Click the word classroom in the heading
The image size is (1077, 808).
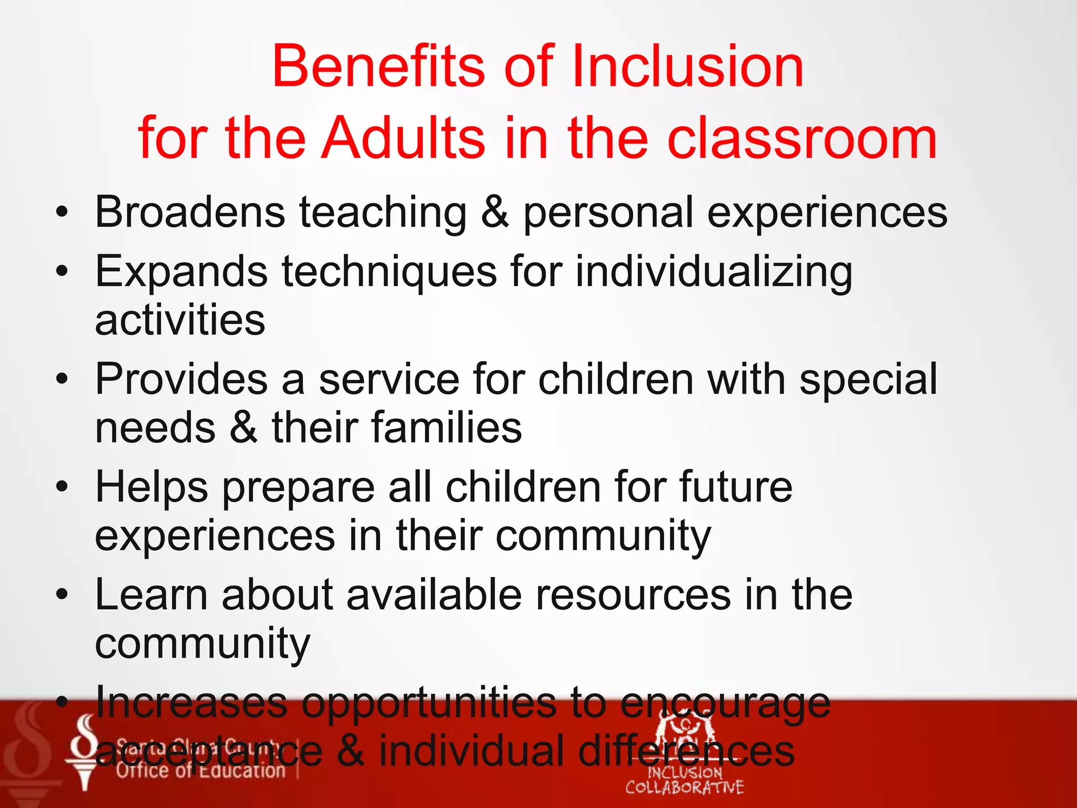click(x=802, y=138)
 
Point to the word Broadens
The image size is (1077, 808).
click(x=190, y=212)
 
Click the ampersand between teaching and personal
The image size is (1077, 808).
click(x=495, y=212)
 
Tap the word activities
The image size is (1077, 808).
click(x=180, y=321)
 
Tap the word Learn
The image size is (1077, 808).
click(x=151, y=595)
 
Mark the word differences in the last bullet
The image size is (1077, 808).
click(x=686, y=751)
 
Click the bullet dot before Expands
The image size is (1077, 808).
click(x=62, y=271)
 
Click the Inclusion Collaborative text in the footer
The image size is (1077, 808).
click(x=684, y=780)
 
